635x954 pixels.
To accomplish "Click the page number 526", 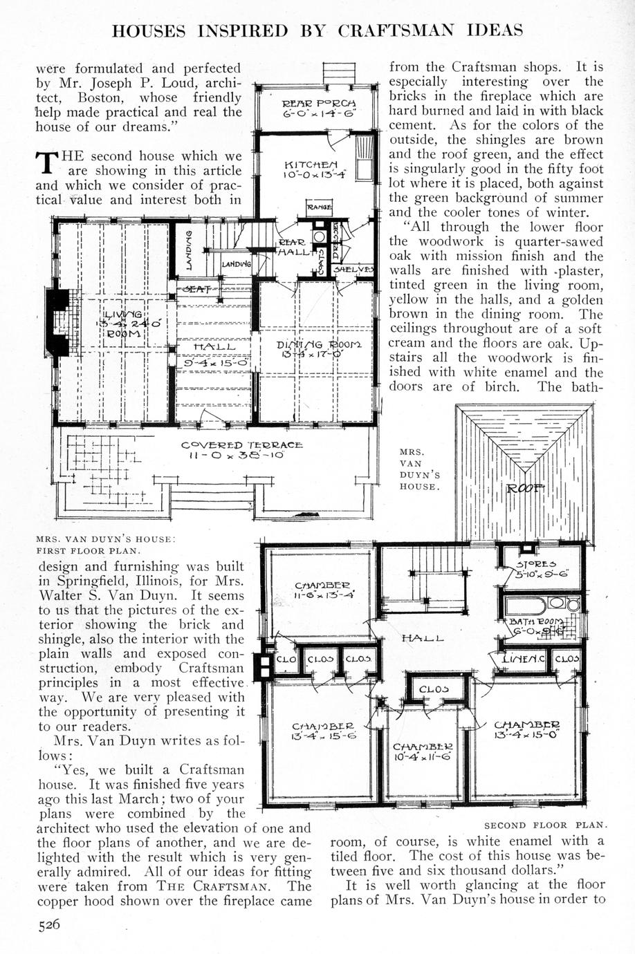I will point(50,926).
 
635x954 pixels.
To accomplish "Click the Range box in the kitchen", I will point(319,206).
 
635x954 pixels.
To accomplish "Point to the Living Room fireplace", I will point(58,322).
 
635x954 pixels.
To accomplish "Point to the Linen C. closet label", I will point(524,659).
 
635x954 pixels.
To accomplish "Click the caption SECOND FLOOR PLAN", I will point(545,825).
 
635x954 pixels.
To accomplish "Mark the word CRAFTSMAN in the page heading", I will point(404,30).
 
